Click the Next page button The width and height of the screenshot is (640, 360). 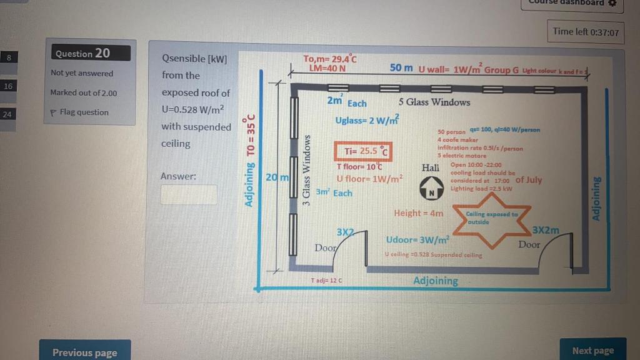click(592, 351)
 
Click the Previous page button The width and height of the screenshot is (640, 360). click(85, 352)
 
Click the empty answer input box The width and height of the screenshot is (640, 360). click(189, 194)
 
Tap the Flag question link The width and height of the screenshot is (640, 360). click(80, 112)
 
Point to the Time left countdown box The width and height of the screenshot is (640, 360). click(586, 32)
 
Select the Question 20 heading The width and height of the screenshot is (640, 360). click(91, 53)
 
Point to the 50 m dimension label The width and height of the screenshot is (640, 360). click(401, 67)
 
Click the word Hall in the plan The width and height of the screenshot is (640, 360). click(431, 167)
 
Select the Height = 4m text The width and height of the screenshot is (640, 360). click(418, 213)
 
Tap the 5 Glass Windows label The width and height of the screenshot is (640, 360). click(434, 102)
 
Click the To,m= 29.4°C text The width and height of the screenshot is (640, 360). click(329, 59)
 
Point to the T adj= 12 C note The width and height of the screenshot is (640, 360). click(326, 281)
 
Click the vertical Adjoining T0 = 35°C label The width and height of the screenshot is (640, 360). click(251, 160)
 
